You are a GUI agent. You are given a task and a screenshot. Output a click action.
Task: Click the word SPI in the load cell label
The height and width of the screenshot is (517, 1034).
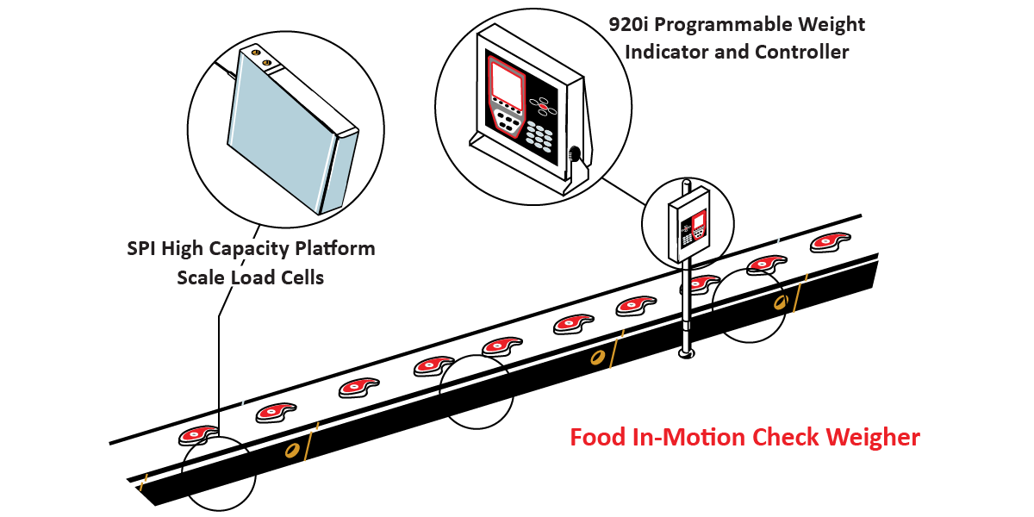tap(143, 249)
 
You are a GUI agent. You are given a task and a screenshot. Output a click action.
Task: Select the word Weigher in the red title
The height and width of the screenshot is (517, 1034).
tap(873, 437)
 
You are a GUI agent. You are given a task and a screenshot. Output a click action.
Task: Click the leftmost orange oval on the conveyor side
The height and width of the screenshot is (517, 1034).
tap(292, 450)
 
